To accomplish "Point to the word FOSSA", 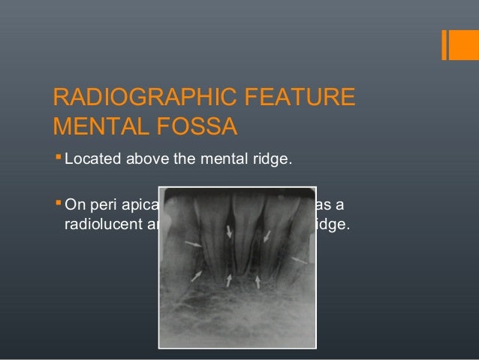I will coord(198,126).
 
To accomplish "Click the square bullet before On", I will coord(59,203).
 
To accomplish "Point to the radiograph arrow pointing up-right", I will coord(197,276).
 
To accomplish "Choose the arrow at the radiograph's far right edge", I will coord(300,259).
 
